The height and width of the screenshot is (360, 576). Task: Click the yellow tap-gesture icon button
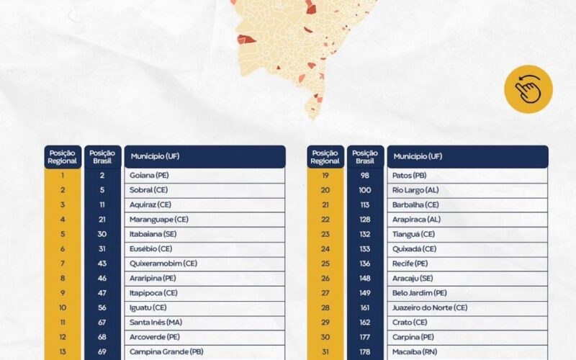[x=528, y=89]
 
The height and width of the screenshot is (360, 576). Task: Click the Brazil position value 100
[x=365, y=190]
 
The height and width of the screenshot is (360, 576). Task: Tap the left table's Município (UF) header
[x=204, y=156]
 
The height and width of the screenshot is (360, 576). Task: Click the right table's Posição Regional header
[x=325, y=156]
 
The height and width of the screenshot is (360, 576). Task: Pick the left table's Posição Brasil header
[x=102, y=156]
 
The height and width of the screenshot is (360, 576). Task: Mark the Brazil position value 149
[x=365, y=293]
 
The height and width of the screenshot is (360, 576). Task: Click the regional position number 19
[x=325, y=175]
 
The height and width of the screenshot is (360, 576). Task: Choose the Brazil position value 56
[x=102, y=307]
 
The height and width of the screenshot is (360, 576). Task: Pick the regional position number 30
[x=325, y=337]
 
